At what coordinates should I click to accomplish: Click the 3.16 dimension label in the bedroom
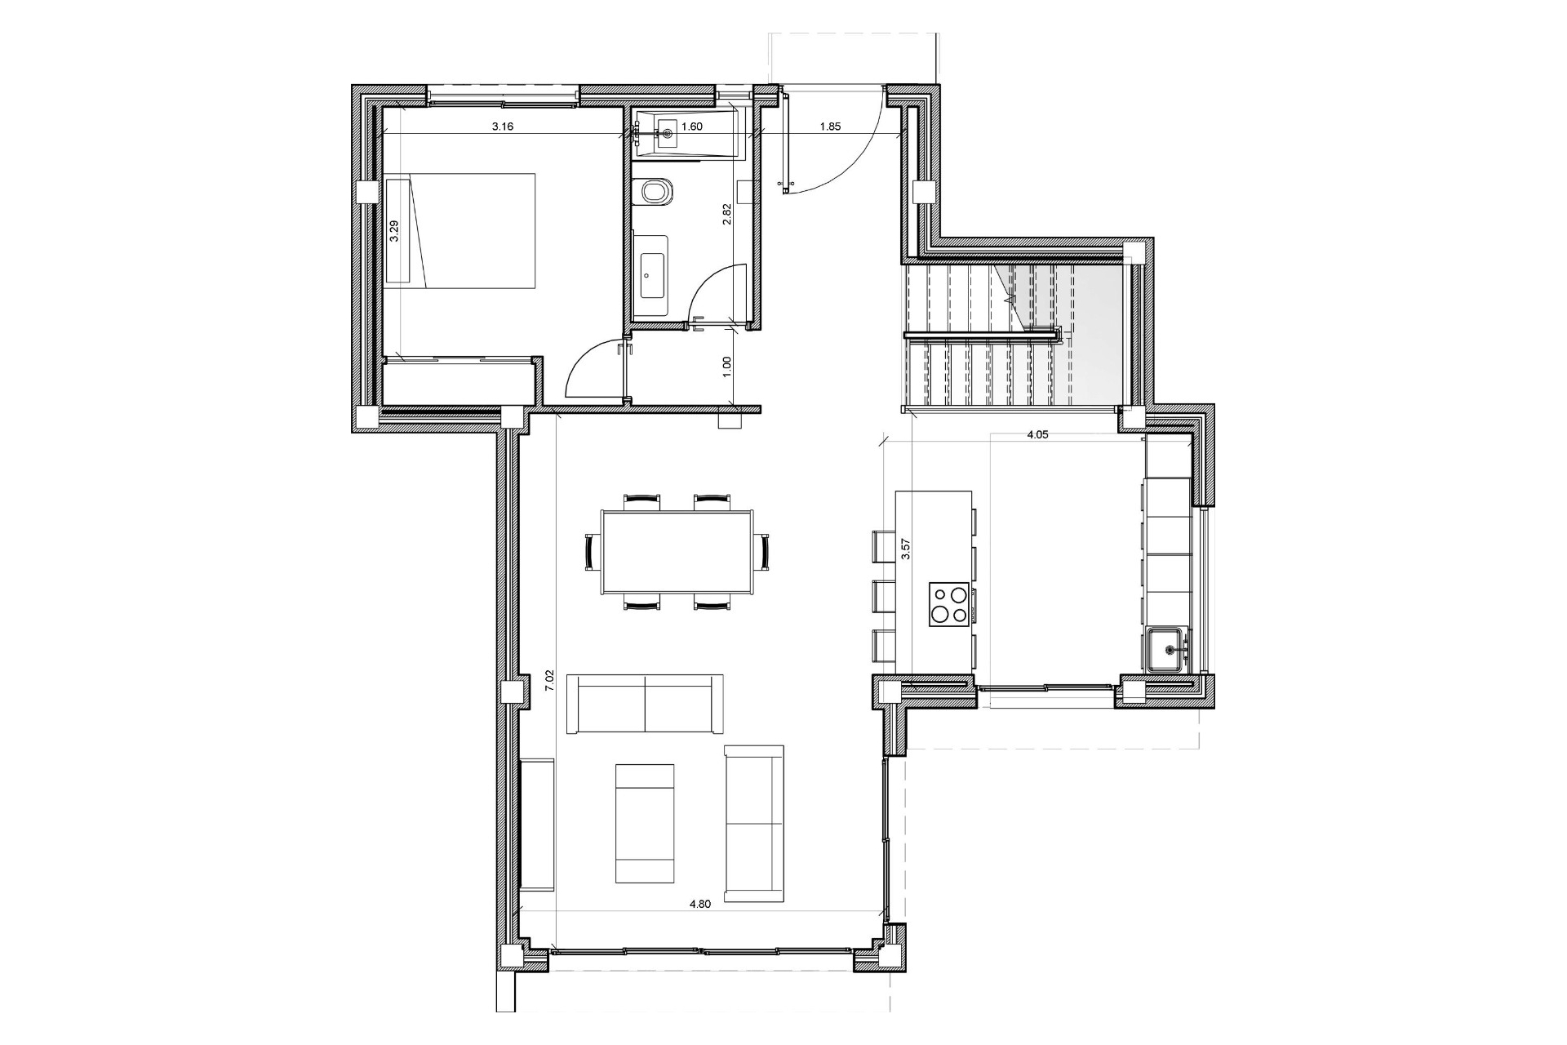click(x=502, y=127)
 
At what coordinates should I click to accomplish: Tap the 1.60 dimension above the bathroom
click(x=692, y=127)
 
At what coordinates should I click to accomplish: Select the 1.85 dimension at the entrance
click(x=830, y=127)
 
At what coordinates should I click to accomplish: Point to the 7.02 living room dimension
click(x=549, y=680)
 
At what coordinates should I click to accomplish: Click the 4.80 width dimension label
click(x=700, y=904)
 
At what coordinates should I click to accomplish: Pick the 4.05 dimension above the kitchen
click(x=1037, y=435)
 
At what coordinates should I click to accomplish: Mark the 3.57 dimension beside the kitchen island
click(x=904, y=549)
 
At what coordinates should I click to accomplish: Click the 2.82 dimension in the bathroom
click(x=726, y=214)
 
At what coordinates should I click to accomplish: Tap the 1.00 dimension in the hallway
click(x=727, y=365)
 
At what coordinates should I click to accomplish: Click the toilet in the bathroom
click(x=655, y=193)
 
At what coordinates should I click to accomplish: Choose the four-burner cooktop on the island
click(x=949, y=604)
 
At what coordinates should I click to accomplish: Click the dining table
click(x=677, y=552)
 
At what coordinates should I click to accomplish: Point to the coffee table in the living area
click(x=645, y=835)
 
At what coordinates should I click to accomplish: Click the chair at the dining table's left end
click(x=592, y=552)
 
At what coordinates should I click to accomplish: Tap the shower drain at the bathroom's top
click(x=667, y=132)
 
